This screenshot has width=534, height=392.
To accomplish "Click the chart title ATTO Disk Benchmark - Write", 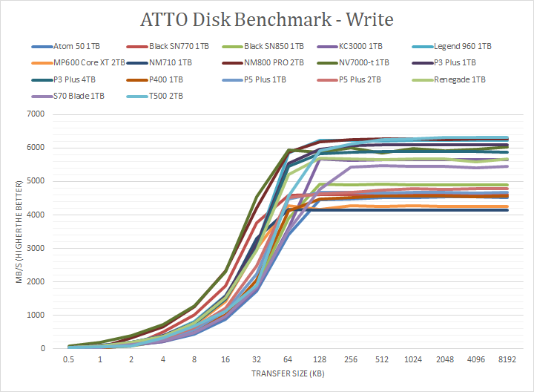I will point(266,19).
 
